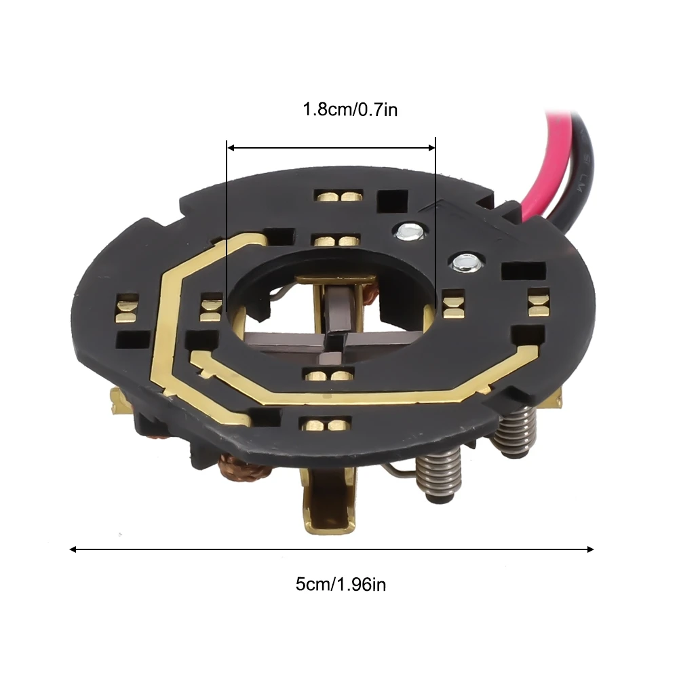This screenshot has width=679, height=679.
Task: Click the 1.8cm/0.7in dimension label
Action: [x=350, y=109]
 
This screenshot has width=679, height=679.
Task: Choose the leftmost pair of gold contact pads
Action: [x=126, y=309]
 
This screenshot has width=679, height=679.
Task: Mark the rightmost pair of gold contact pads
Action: [x=539, y=302]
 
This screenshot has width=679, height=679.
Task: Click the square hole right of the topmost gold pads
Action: [x=391, y=201]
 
